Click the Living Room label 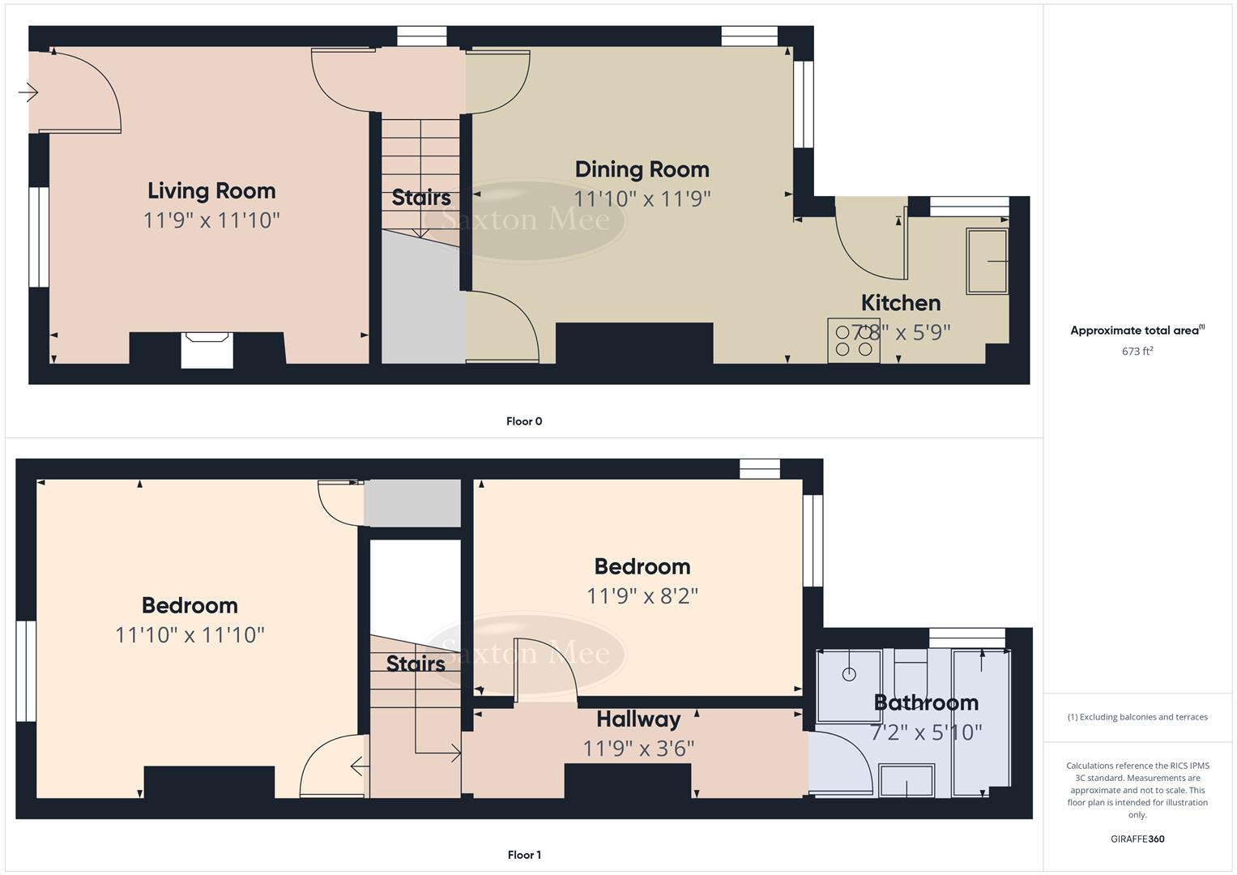(x=211, y=191)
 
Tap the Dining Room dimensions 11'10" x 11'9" (x=642, y=198)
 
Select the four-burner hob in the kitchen (x=854, y=340)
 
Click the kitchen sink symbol (x=987, y=261)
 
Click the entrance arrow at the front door (x=28, y=93)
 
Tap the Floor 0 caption (x=524, y=421)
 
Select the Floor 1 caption (x=524, y=855)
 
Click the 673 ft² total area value (x=1137, y=351)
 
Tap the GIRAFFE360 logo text (x=1137, y=839)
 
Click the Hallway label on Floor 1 (x=638, y=719)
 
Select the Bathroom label (x=926, y=702)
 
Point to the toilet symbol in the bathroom (x=911, y=668)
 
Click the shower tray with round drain (x=849, y=685)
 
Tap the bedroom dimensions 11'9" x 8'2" (x=642, y=596)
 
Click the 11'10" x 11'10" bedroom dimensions (x=190, y=634)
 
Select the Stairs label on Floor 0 (x=421, y=198)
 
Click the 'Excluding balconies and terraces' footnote (x=1137, y=717)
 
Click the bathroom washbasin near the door (x=906, y=780)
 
